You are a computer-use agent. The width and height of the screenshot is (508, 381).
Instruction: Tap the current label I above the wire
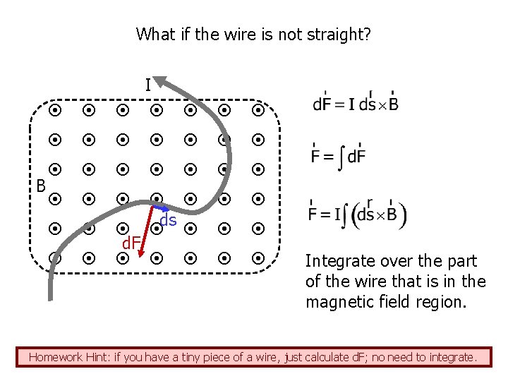point(147,86)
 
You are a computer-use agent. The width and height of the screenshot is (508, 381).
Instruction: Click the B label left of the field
point(41,186)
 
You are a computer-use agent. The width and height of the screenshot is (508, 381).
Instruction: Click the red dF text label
point(130,244)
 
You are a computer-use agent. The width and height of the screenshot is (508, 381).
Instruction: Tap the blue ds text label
point(169,221)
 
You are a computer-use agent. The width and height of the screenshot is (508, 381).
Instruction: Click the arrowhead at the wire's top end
point(162,81)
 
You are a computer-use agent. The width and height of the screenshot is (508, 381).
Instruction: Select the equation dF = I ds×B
point(355,103)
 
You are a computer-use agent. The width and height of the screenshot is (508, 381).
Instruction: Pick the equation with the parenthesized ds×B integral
point(357,212)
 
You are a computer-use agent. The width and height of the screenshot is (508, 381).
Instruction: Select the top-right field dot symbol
point(258,111)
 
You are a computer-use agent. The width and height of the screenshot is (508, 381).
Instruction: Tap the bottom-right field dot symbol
point(258,258)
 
